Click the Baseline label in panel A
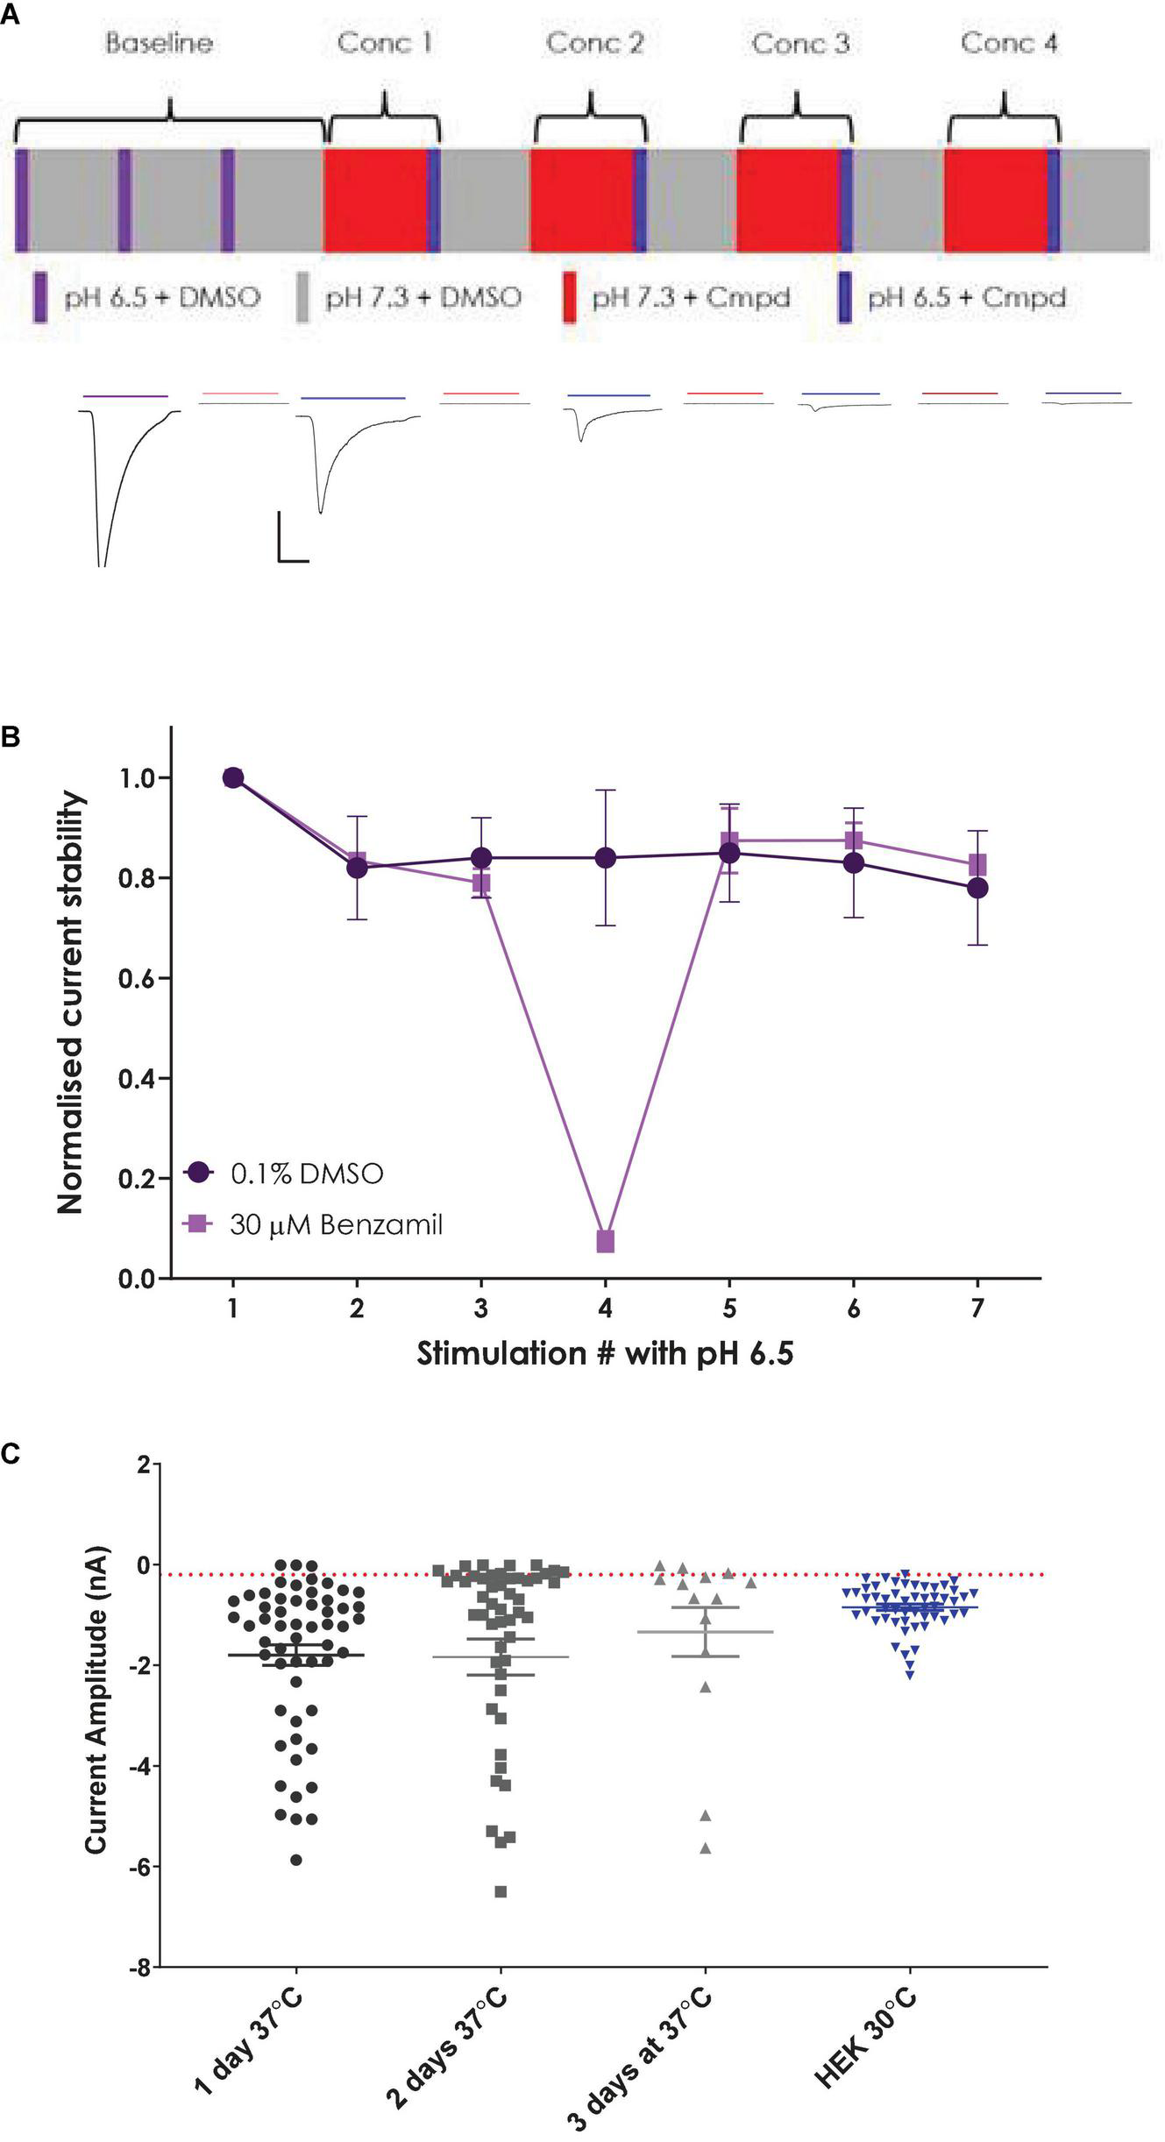coord(159,43)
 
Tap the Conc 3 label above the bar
coord(800,43)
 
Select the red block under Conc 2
coord(581,200)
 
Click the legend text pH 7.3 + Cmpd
coord(690,298)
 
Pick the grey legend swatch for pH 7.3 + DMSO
coord(303,298)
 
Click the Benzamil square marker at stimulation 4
coord(605,1241)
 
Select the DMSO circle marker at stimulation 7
coord(977,888)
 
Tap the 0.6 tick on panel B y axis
coord(136,978)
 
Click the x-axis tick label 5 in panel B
coord(729,1309)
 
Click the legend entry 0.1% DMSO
coord(307,1174)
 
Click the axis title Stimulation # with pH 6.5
coord(605,1354)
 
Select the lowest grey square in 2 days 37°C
coord(501,1891)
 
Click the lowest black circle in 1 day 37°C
coord(296,1860)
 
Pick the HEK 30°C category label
coord(868,2032)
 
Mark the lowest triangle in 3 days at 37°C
coord(705,1848)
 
